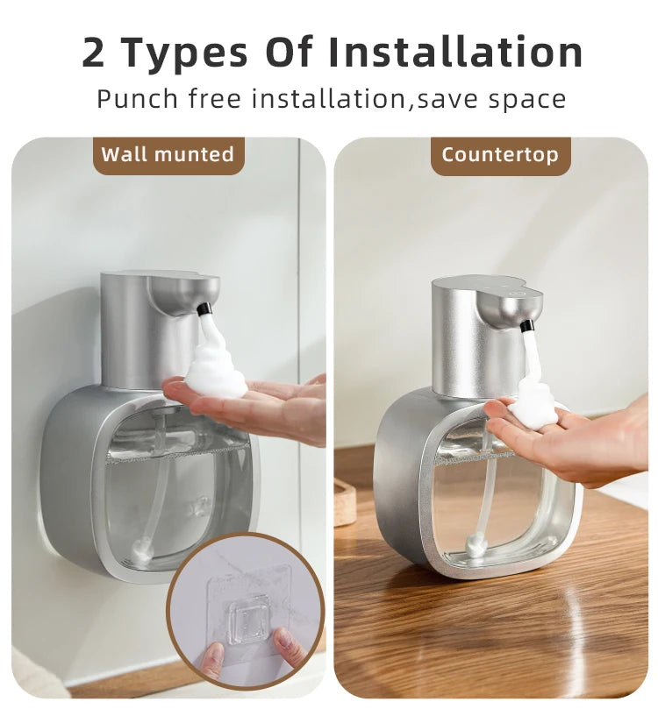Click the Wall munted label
click(168, 155)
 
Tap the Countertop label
click(499, 155)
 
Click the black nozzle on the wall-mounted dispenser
click(204, 309)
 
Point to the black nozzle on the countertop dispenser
click(526, 326)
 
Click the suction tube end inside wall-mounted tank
click(140, 554)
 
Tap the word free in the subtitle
click(216, 98)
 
